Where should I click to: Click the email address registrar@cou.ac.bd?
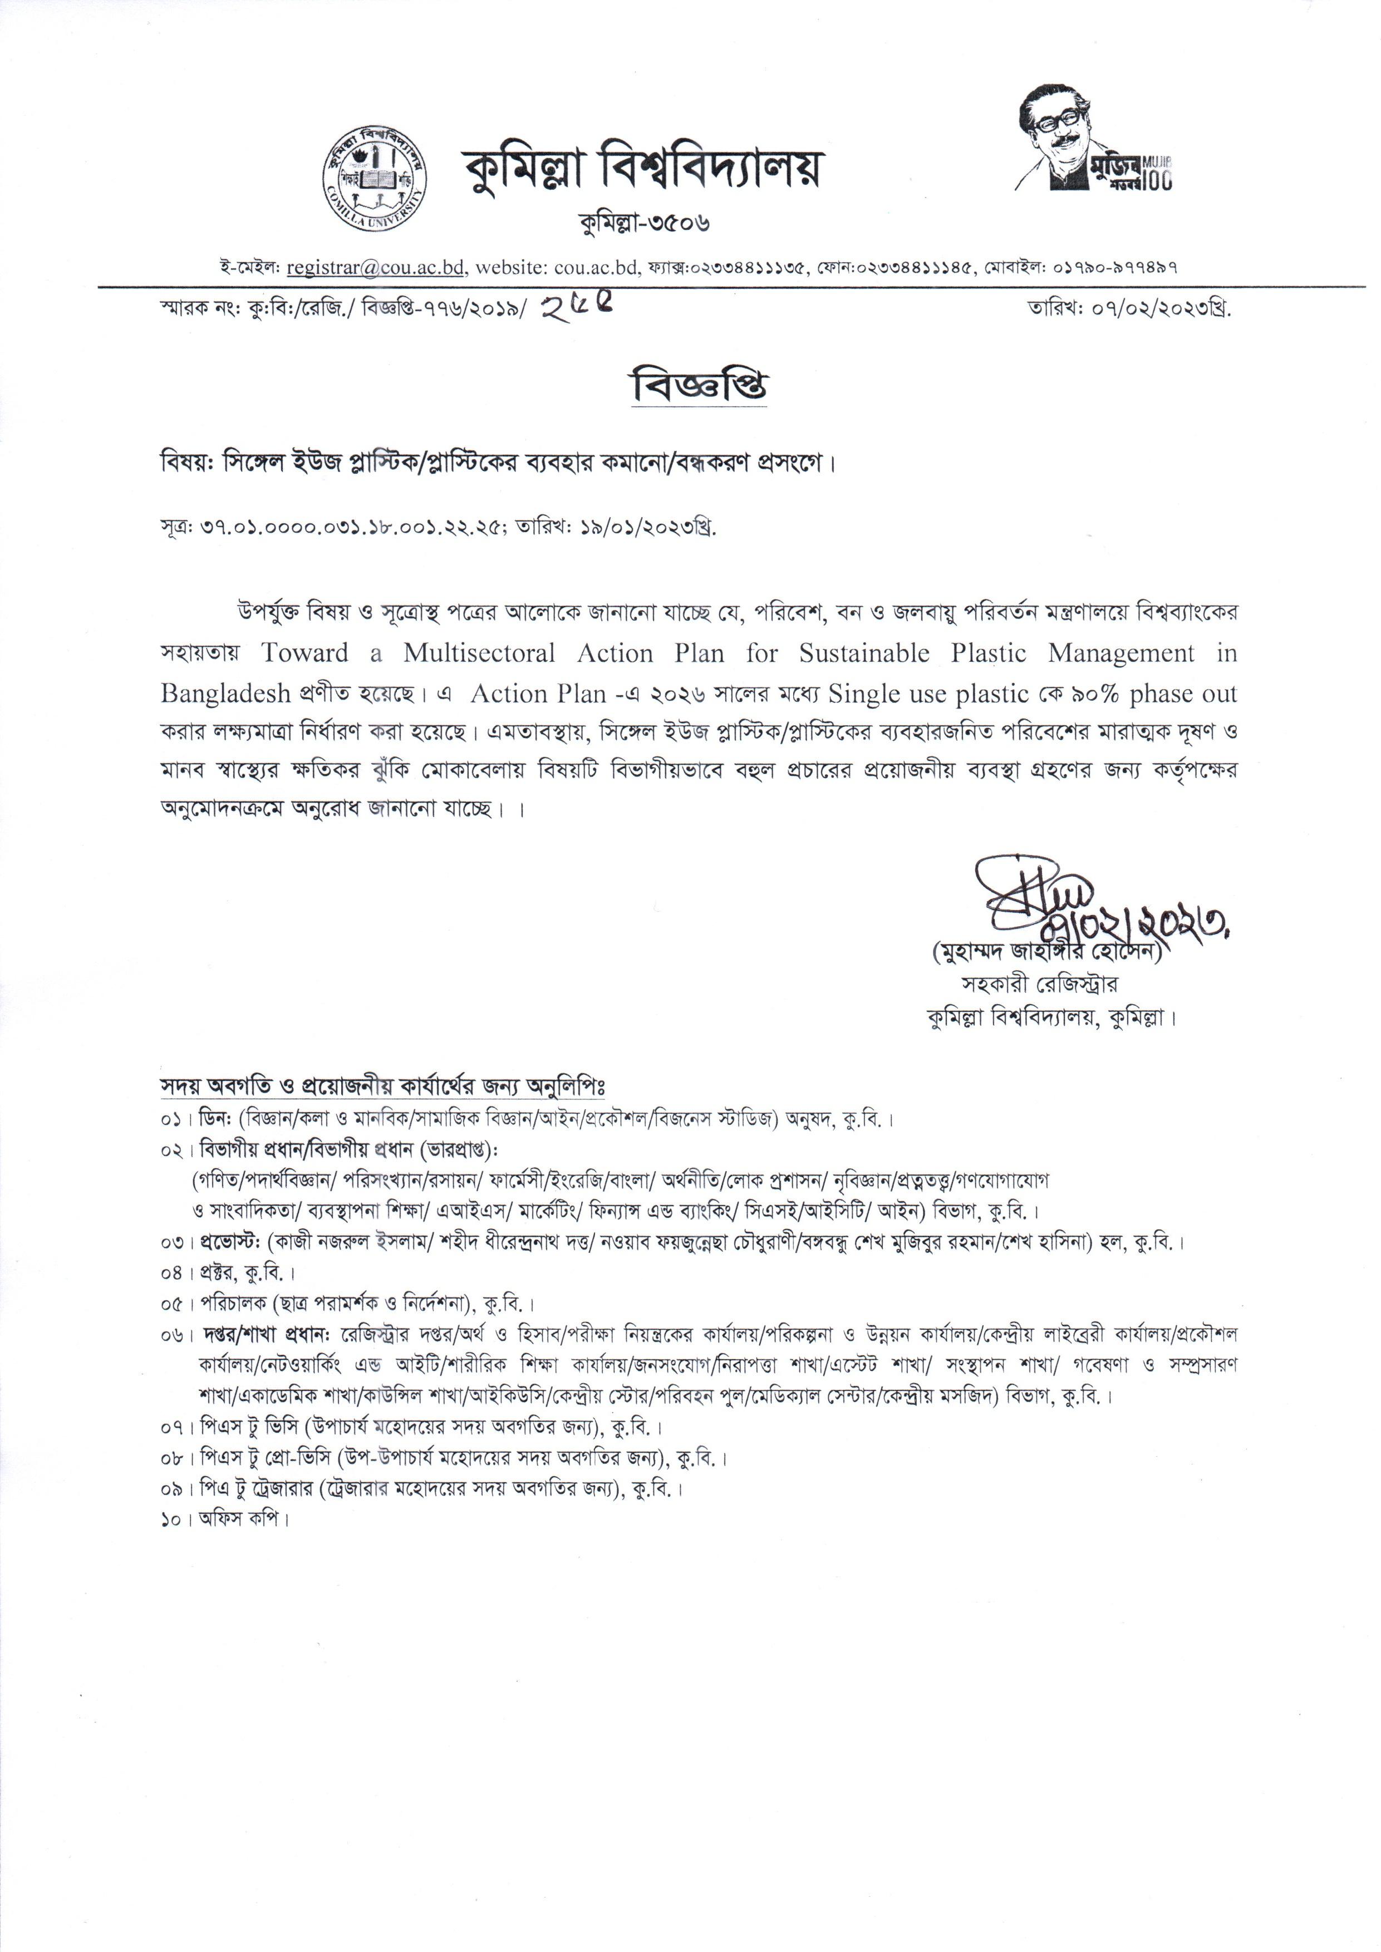(x=376, y=268)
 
